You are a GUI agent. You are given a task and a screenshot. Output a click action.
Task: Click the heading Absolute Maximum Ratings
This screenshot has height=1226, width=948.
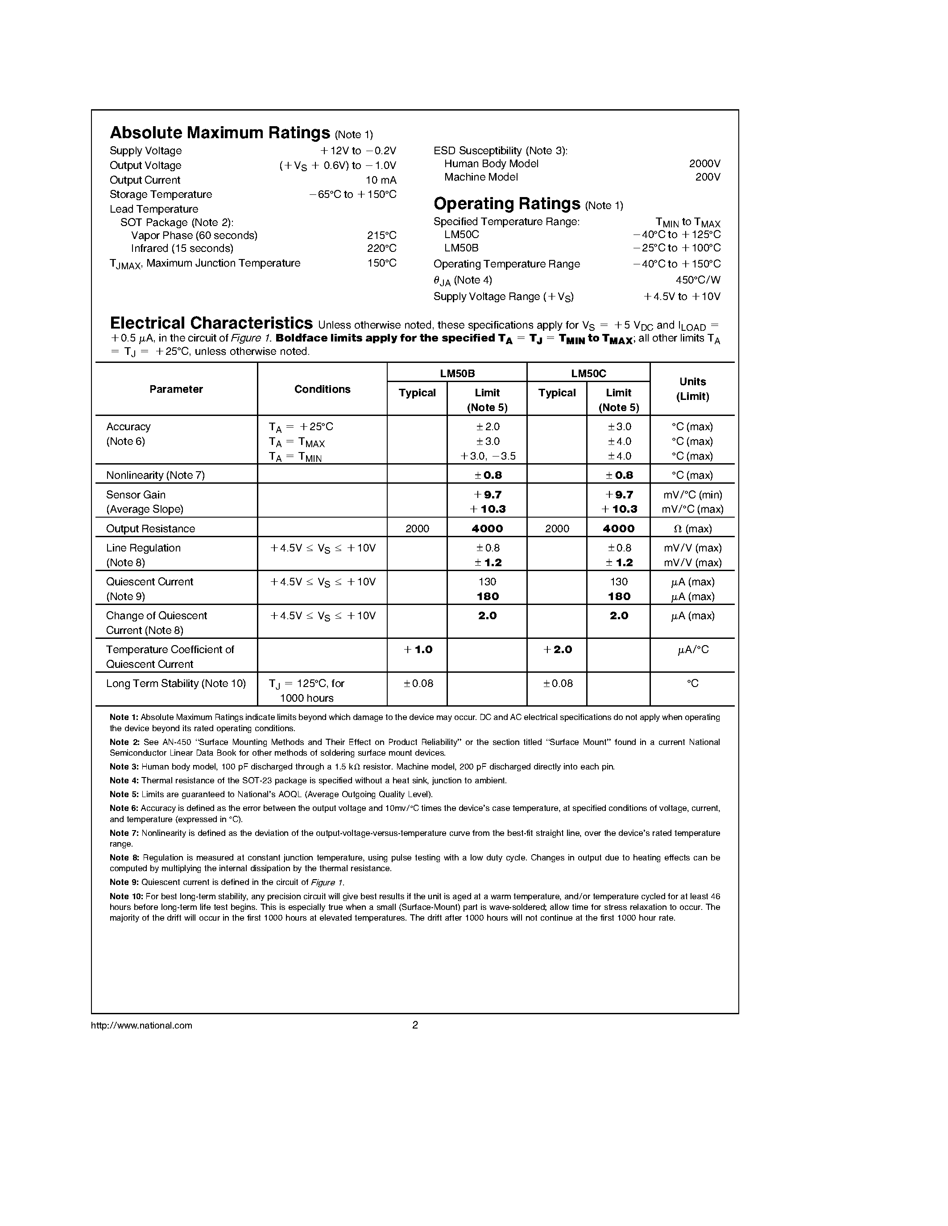pos(219,132)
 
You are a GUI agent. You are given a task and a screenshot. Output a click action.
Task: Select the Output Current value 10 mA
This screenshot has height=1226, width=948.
pos(381,180)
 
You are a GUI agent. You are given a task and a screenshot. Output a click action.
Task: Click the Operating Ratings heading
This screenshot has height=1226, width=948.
pos(507,203)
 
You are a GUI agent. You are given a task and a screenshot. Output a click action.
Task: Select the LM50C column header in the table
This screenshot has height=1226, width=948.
pos(588,373)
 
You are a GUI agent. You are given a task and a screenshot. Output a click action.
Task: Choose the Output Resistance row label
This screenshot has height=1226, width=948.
pos(150,529)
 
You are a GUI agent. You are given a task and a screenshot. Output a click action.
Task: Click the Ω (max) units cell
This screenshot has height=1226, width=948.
pos(692,529)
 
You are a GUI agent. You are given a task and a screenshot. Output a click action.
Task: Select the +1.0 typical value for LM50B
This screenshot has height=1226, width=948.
pos(418,650)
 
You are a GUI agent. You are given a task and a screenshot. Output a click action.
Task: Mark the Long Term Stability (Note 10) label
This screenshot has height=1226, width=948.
pos(176,684)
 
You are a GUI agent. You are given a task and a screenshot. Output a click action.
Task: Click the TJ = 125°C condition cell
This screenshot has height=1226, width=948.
pos(306,691)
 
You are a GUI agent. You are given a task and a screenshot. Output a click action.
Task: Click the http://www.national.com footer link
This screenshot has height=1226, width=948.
pos(141,1025)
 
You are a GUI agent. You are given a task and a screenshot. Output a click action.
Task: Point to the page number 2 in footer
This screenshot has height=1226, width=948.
pos(415,1025)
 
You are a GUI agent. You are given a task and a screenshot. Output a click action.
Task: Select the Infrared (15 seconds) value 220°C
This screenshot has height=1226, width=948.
pos(381,249)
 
